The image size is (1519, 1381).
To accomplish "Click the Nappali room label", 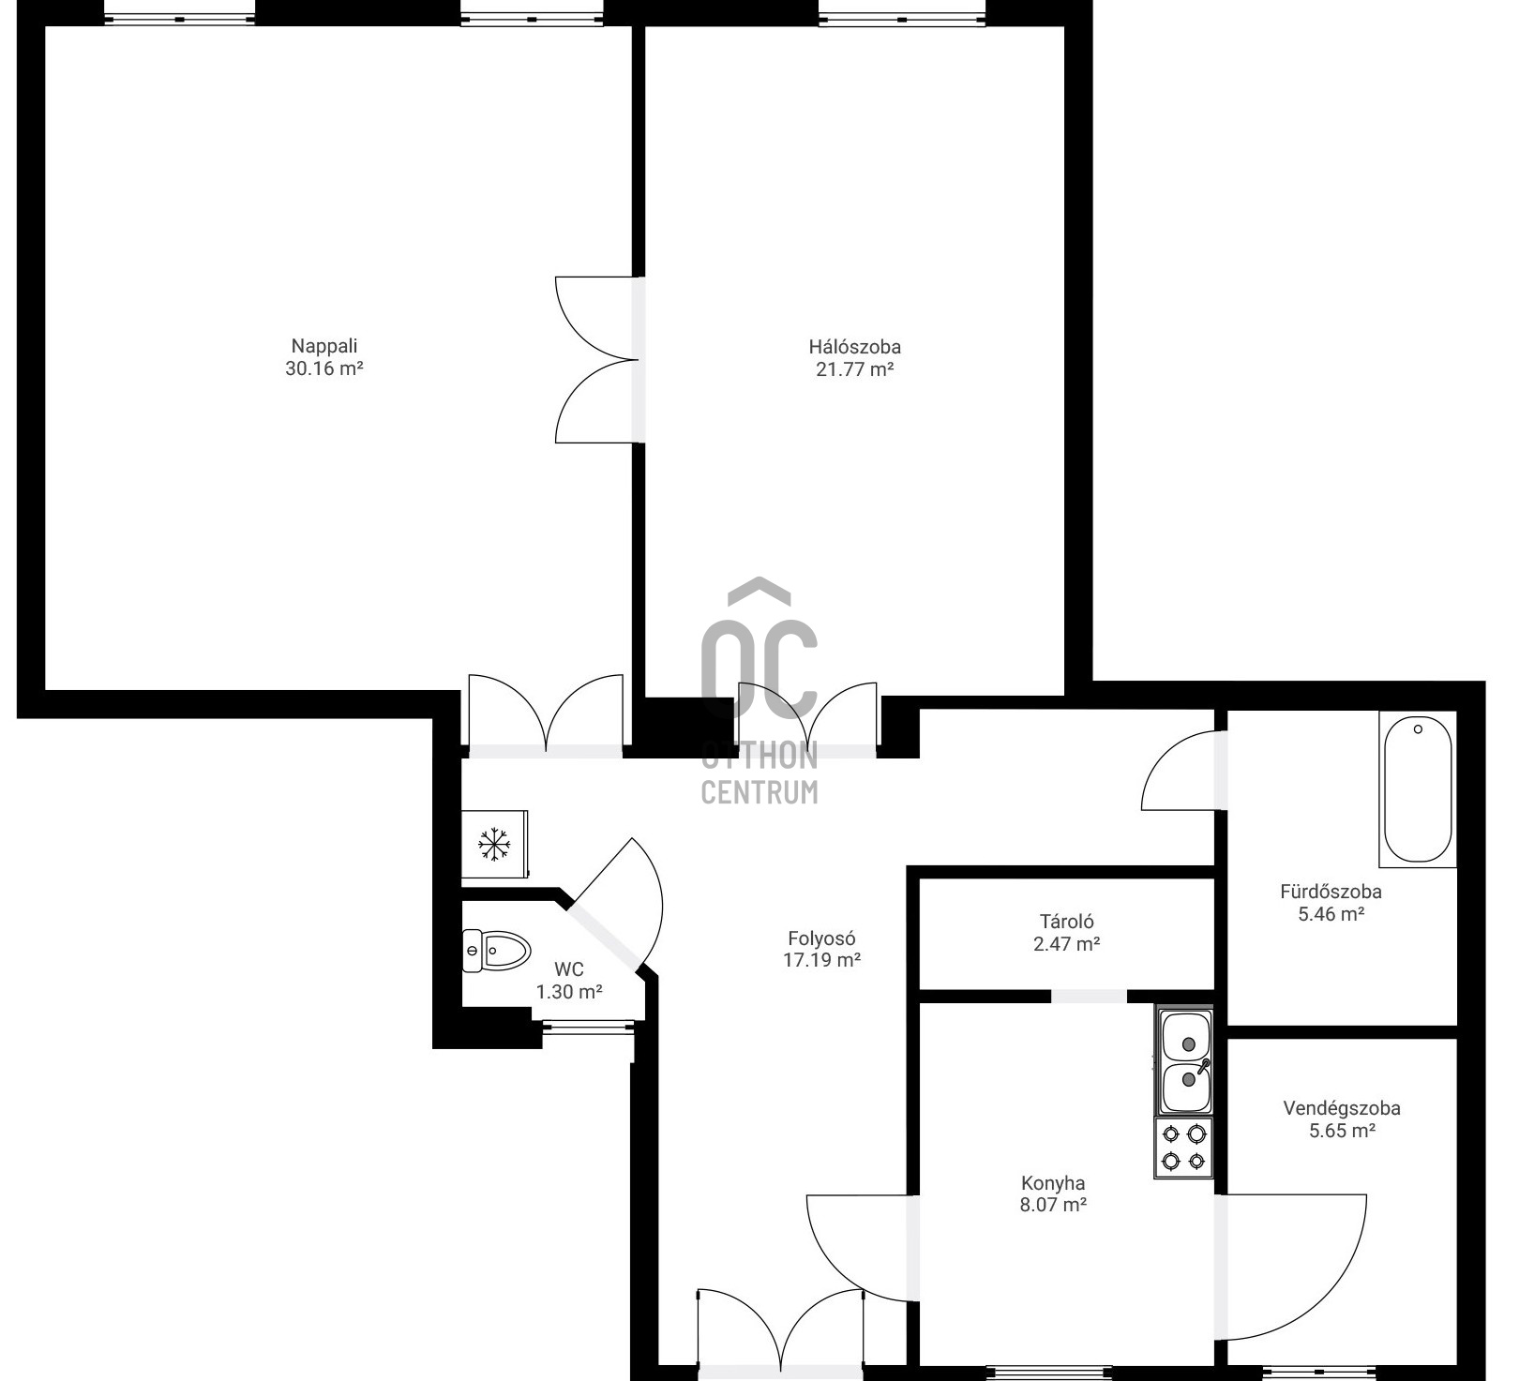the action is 324,346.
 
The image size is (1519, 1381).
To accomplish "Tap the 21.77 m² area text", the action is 854,369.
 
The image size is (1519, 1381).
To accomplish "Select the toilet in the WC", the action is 497,951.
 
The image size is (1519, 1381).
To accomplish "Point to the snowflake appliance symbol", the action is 494,844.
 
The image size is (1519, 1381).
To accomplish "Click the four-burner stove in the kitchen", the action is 1184,1148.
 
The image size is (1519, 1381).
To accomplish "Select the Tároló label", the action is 1066,922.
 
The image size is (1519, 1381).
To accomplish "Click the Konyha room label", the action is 1053,1183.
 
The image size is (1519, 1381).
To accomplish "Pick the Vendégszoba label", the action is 1342,1108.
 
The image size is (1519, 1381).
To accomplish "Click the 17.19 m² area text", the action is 821,960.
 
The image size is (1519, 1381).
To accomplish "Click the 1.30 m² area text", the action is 568,992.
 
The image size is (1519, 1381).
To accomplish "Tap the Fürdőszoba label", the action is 1331,892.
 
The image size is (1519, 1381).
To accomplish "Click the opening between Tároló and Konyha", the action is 1089,996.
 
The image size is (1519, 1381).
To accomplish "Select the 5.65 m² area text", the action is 1342,1131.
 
